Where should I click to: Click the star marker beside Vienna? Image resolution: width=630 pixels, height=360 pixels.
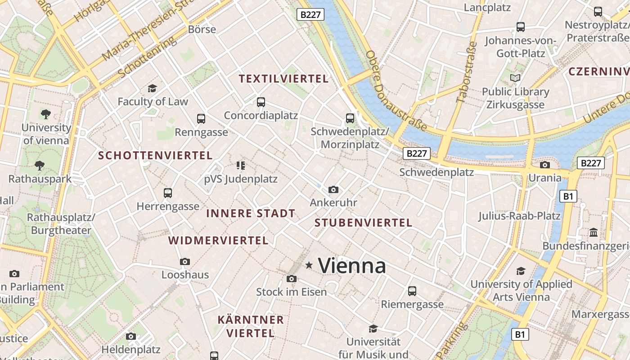coord(309,265)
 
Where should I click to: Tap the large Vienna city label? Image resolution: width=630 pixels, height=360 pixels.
coord(352,265)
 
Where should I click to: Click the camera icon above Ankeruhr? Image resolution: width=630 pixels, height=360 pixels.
coord(333,189)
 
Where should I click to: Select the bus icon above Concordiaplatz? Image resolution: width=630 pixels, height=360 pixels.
coord(261,102)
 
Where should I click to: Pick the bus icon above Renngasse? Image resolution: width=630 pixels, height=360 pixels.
coord(201,119)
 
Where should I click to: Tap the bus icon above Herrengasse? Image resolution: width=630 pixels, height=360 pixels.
coord(168,193)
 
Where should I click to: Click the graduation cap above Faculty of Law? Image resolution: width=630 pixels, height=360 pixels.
coord(152,88)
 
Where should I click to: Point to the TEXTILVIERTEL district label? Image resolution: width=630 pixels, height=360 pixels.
coord(283,79)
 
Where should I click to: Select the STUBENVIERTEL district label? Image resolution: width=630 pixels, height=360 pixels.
coord(363,223)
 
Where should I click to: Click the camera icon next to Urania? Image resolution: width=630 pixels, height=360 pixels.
coord(544,165)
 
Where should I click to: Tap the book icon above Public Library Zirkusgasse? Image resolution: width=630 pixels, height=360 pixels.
coord(515,78)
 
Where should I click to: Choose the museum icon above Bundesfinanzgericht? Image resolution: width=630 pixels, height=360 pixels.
coord(594,233)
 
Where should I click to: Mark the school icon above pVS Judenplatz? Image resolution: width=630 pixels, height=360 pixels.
coord(240,166)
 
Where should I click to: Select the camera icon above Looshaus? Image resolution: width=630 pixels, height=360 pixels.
coord(184,261)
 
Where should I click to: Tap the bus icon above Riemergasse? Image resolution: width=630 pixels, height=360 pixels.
coord(412,291)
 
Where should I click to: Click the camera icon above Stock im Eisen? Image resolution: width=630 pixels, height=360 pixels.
coord(292,279)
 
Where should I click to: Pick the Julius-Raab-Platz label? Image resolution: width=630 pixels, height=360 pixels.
coord(519,216)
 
